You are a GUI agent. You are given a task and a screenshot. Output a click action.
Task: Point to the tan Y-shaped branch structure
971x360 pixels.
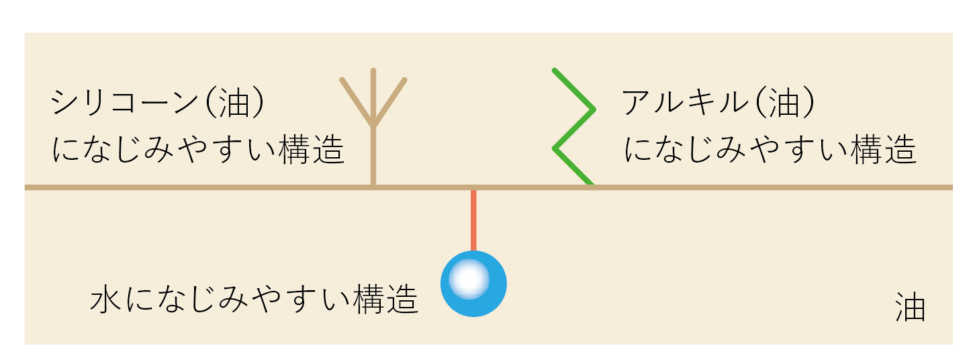[x=373, y=128]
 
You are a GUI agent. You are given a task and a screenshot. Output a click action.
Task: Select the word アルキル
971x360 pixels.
[x=684, y=103]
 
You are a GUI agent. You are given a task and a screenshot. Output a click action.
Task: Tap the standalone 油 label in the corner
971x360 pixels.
[x=911, y=308]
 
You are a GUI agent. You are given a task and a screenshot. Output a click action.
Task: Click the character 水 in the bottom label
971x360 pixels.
[x=106, y=300]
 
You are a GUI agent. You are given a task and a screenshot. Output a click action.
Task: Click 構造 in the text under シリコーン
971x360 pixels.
[x=311, y=150]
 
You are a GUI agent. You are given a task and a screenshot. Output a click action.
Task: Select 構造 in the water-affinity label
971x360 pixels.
[x=385, y=300]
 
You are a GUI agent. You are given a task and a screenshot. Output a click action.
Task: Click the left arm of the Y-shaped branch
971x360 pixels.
[x=356, y=101]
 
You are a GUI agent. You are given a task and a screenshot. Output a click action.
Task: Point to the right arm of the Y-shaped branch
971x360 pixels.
[x=391, y=101]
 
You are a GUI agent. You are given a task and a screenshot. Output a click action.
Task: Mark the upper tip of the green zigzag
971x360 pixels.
[x=555, y=70]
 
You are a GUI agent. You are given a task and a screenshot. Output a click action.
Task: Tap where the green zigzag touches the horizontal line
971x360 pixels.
[x=590, y=185]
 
